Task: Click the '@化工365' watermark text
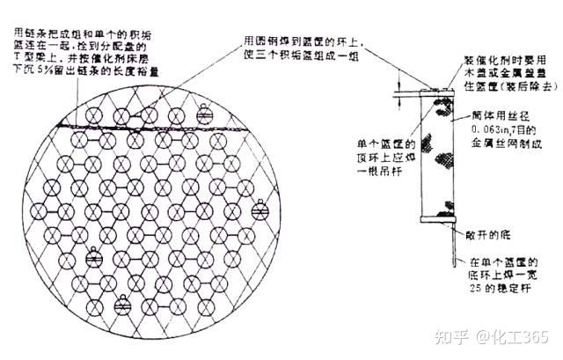[x=513, y=338]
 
